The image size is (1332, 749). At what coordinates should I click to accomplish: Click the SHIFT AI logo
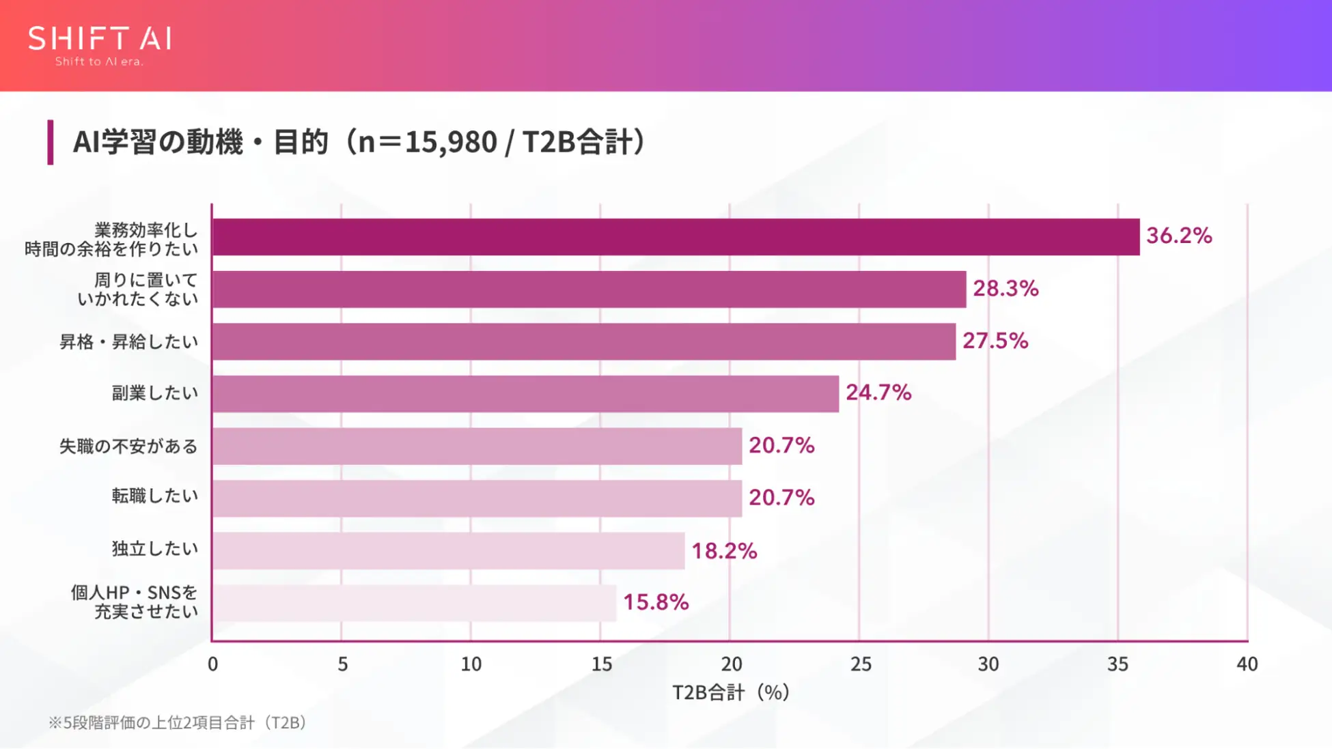(x=100, y=40)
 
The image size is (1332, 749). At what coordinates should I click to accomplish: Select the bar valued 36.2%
(x=676, y=237)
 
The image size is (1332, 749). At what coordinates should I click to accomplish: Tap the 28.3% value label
(x=1005, y=289)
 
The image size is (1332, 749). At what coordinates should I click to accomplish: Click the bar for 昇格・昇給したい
(x=583, y=341)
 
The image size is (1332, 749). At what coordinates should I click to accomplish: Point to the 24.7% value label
(x=878, y=393)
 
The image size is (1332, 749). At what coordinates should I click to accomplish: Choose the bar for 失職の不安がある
(x=477, y=446)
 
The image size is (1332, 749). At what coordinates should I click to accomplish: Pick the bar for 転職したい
(x=477, y=498)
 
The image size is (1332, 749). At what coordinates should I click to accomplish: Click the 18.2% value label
(x=724, y=551)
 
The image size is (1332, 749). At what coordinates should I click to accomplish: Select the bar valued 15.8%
(x=414, y=603)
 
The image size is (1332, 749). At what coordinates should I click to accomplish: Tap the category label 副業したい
(x=155, y=393)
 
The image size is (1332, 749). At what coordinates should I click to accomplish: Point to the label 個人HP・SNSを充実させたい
(x=135, y=602)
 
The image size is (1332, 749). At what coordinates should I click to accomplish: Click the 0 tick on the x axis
(x=213, y=664)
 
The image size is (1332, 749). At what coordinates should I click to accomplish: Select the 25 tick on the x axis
(x=861, y=664)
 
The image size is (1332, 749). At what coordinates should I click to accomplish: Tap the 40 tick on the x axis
(x=1247, y=664)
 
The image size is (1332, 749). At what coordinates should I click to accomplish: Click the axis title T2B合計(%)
(x=731, y=693)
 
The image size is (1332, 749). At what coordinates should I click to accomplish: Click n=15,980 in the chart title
(x=427, y=142)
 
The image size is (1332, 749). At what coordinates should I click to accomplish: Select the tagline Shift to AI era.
(x=100, y=61)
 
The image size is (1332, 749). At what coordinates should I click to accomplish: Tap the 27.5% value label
(x=995, y=341)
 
